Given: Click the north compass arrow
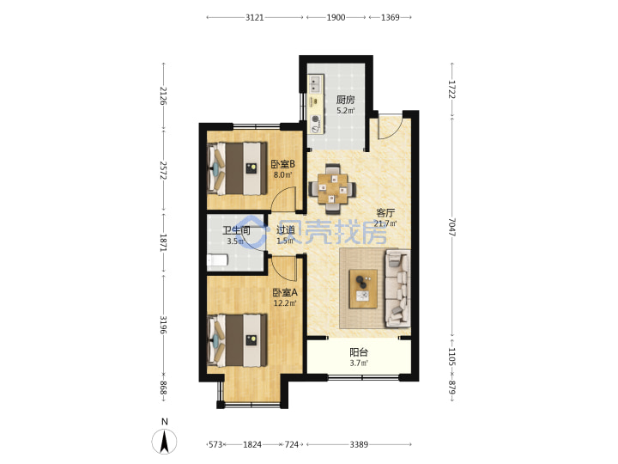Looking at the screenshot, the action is click(x=164, y=441).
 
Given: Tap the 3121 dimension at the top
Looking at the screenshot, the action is click(x=255, y=17).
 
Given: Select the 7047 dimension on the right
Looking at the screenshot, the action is click(x=452, y=227).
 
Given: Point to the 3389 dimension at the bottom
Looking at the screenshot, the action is click(x=359, y=445).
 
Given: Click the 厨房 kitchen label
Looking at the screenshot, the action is click(x=345, y=100).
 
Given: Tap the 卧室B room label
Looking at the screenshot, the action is click(x=283, y=164).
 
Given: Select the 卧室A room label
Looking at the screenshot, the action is click(x=285, y=293).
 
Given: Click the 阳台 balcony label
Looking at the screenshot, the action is click(x=359, y=352).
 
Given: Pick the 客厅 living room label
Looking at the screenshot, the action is click(x=385, y=213).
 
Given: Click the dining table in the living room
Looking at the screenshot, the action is click(x=333, y=188).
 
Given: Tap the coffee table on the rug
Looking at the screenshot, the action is click(x=363, y=289).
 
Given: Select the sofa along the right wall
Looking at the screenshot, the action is click(x=397, y=288).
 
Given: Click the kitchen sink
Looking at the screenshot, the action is click(x=315, y=84).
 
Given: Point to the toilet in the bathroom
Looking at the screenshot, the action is click(x=217, y=260).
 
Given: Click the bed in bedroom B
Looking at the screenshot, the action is click(x=237, y=168).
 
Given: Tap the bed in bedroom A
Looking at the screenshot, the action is click(x=237, y=340).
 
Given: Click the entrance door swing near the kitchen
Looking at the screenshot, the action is click(x=390, y=125).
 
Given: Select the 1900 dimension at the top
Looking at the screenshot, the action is click(x=336, y=17).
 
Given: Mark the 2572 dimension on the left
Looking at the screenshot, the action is click(x=164, y=170).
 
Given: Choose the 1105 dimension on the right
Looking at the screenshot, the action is click(x=452, y=357).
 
